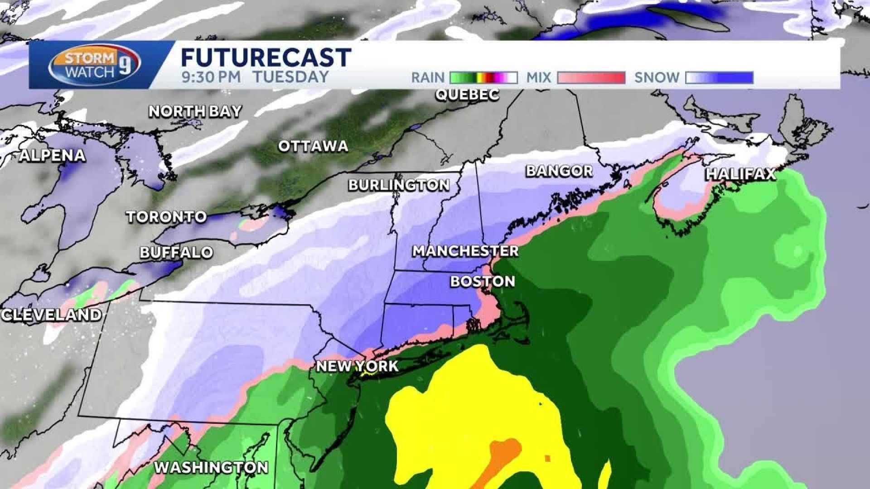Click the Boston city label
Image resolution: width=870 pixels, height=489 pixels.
483,281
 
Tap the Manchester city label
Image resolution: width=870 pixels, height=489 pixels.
465,251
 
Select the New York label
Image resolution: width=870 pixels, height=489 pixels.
357,366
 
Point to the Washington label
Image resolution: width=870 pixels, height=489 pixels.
211,467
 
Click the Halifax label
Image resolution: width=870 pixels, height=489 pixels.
741,174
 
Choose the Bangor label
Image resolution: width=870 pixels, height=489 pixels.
559,171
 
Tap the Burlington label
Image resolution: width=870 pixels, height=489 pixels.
399,185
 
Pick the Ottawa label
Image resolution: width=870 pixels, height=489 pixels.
313,146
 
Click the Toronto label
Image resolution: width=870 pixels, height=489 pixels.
166,217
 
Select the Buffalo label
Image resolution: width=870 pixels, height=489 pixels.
176,252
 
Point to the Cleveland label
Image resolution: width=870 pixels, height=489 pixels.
51,315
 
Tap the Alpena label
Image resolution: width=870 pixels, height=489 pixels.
53,156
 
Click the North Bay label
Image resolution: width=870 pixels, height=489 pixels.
195,111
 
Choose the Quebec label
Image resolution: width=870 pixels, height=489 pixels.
467,95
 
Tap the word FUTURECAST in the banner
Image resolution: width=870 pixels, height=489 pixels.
266,58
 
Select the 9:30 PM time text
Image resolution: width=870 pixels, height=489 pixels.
211,77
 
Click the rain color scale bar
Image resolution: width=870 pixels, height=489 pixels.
483,78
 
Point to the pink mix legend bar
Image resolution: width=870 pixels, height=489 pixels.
591,78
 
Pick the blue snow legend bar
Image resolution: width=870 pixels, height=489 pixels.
719,78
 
